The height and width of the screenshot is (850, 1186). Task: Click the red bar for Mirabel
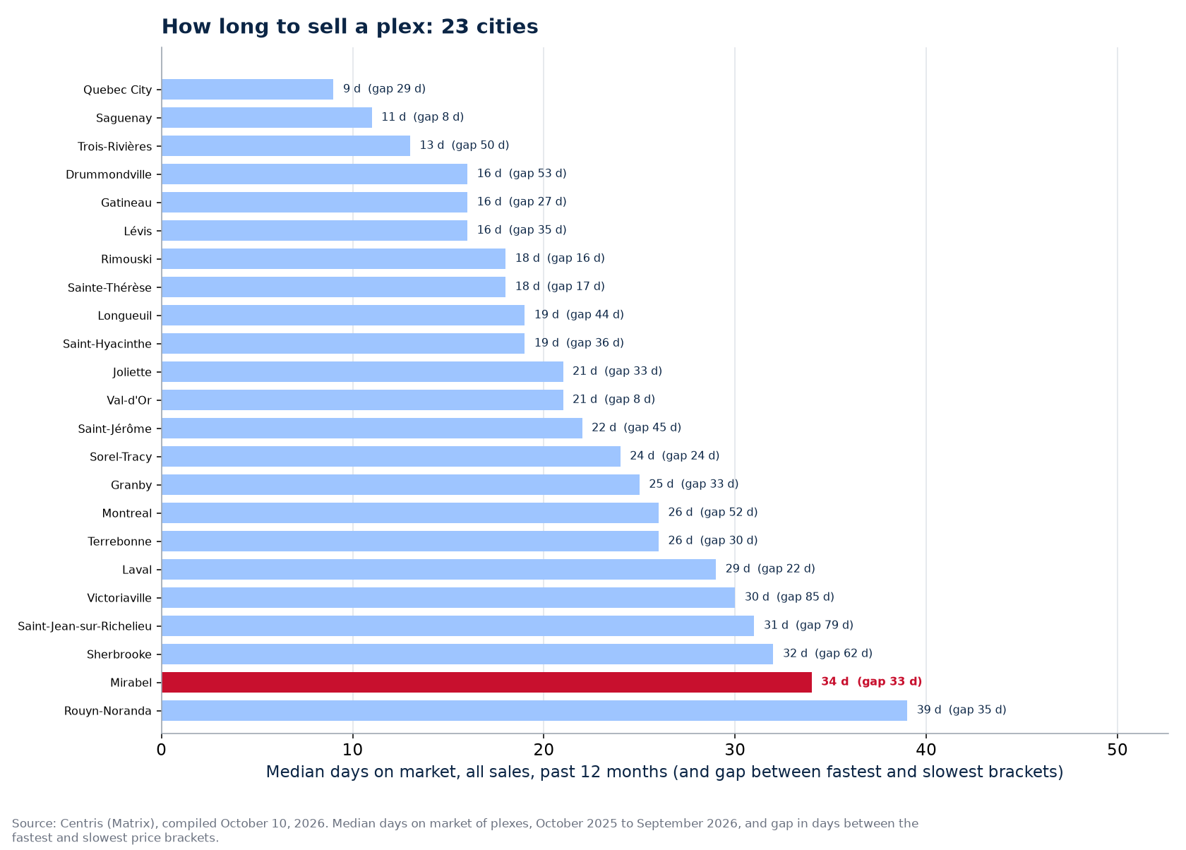pyautogui.click(x=486, y=682)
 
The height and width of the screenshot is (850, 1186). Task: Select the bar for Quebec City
pyautogui.click(x=247, y=89)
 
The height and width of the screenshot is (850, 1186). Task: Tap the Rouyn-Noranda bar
pyautogui.click(x=534, y=711)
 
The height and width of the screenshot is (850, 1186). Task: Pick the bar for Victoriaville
pyautogui.click(x=448, y=597)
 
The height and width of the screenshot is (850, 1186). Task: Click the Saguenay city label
pyautogui.click(x=124, y=118)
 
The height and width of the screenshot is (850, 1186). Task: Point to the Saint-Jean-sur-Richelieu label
pyautogui.click(x=85, y=626)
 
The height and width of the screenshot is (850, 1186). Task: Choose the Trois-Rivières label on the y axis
pyautogui.click(x=115, y=146)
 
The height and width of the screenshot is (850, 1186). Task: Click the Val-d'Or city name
pyautogui.click(x=129, y=400)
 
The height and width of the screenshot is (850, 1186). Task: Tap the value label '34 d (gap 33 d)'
pyautogui.click(x=871, y=681)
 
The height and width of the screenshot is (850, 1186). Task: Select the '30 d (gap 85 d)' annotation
pyautogui.click(x=789, y=597)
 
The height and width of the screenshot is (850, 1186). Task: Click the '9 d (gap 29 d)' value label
pyautogui.click(x=384, y=88)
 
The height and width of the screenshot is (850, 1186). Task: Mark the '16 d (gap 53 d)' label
pyautogui.click(x=522, y=173)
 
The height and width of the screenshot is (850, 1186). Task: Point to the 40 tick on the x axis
pyautogui.click(x=926, y=750)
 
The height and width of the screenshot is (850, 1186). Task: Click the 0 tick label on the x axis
pyautogui.click(x=162, y=750)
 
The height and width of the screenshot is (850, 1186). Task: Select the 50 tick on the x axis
pyautogui.click(x=1117, y=750)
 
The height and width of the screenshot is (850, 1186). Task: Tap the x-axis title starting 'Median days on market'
pyautogui.click(x=664, y=772)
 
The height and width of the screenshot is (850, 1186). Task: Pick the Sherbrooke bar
pyautogui.click(x=467, y=654)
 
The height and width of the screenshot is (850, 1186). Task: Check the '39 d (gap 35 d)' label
pyautogui.click(x=962, y=710)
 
